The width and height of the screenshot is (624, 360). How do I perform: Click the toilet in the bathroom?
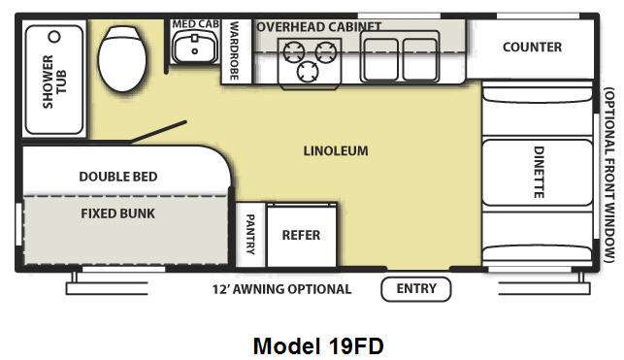coord(121,58)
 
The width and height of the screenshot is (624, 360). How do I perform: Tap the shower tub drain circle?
coord(54,37)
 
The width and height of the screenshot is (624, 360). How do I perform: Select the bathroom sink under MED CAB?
coord(195,47)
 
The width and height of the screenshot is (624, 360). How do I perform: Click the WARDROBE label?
coord(234,50)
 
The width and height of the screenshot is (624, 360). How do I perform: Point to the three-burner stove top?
coord(310,63)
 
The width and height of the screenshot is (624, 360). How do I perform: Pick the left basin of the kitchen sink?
coord(380,58)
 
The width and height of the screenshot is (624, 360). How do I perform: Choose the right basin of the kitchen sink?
coord(419,58)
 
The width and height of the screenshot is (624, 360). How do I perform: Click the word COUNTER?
coord(532,47)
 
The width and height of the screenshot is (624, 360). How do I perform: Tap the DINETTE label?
coord(539,173)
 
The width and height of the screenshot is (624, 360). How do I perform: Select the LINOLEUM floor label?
coord(336,150)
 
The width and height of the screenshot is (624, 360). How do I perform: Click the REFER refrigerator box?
coord(301,235)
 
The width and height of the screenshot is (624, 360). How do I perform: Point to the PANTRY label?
coord(250,235)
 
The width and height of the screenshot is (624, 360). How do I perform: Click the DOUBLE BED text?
coord(118,177)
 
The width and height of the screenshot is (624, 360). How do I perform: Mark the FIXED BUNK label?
coord(117,213)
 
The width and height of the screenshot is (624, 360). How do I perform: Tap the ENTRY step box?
coord(416,289)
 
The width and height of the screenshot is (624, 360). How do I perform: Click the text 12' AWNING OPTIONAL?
coord(281,289)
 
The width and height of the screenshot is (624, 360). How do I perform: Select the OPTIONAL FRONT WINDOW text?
coord(608,175)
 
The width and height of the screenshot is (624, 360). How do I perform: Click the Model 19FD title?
coord(318,345)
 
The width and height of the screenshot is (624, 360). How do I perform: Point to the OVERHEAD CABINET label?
coord(319,26)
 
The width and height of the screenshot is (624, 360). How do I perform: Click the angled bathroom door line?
coord(158,131)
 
